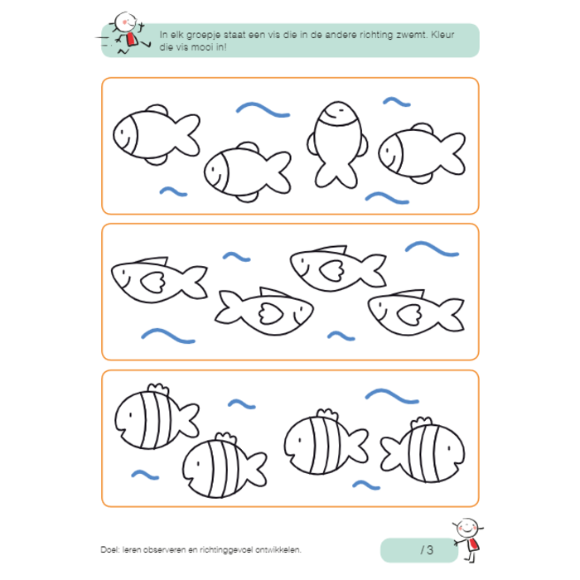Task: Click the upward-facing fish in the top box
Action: click(x=337, y=144)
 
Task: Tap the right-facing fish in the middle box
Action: click(x=264, y=311)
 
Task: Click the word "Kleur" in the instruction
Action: click(x=442, y=35)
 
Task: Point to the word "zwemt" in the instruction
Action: click(x=411, y=35)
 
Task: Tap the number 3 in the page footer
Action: click(x=430, y=549)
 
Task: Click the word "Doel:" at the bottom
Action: click(x=109, y=549)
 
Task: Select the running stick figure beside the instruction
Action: click(x=123, y=33)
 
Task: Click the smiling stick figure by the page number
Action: click(x=467, y=540)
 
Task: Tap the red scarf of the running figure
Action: click(x=131, y=39)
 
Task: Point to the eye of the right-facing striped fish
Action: click(x=449, y=448)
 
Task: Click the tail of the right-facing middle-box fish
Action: click(x=227, y=307)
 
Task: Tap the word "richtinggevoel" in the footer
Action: click(x=226, y=550)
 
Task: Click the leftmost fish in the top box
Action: click(x=157, y=134)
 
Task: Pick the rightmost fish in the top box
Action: click(x=422, y=153)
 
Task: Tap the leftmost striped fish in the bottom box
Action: click(x=157, y=417)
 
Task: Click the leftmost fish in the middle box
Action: click(x=159, y=280)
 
